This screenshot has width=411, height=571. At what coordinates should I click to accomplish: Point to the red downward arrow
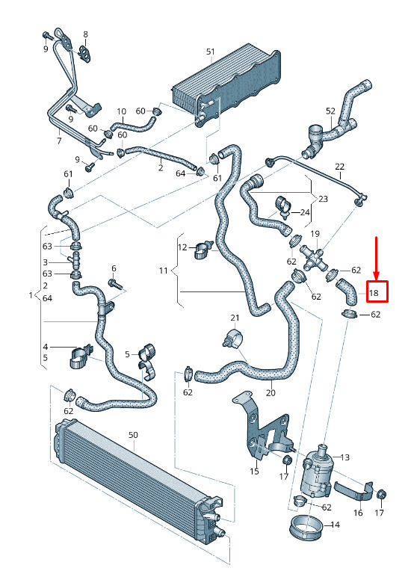(377, 259)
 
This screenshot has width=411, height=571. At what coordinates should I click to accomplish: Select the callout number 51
(211, 52)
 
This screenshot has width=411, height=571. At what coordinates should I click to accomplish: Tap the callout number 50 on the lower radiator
(133, 435)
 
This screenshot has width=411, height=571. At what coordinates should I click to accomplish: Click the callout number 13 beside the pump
(344, 457)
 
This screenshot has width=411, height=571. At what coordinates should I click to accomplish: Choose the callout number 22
(339, 167)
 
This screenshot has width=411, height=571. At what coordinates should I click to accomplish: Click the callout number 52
(330, 111)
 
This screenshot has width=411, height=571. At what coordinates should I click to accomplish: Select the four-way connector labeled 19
(313, 258)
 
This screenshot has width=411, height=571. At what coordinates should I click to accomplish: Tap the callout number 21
(235, 318)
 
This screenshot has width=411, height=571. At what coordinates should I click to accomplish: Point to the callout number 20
(271, 393)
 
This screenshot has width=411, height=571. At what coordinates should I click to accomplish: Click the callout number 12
(182, 247)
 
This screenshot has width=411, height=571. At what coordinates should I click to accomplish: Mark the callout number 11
(163, 271)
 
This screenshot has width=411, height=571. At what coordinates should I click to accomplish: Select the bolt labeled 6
(116, 283)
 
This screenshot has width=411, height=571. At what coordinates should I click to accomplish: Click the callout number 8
(85, 34)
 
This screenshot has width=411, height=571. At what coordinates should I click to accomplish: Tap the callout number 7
(59, 141)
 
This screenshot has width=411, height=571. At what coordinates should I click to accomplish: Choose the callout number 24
(305, 212)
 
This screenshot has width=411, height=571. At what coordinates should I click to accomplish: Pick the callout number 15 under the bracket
(255, 471)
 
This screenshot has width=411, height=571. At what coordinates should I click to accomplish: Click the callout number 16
(358, 513)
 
